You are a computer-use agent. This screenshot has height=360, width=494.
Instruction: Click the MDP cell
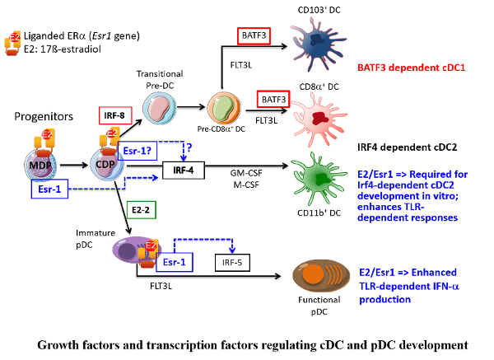pyautogui.click(x=40, y=165)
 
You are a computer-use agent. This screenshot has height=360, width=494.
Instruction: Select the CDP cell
pyautogui.click(x=106, y=164)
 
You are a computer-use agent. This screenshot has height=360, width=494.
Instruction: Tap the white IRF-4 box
pyautogui.click(x=183, y=171)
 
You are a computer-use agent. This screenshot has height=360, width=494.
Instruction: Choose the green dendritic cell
pyautogui.click(x=317, y=176)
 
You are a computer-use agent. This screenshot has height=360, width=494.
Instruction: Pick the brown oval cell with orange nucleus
pyautogui.click(x=320, y=275)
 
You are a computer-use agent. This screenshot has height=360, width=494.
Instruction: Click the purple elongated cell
pyautogui.click(x=133, y=250)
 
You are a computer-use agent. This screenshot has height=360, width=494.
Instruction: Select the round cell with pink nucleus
pyautogui.click(x=159, y=108)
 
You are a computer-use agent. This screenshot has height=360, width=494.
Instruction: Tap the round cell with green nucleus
pyautogui.click(x=223, y=108)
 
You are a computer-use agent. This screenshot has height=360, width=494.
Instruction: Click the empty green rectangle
pyautogui.click(x=141, y=209)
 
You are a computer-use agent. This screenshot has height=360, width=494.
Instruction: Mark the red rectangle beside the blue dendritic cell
pyautogui.click(x=254, y=36)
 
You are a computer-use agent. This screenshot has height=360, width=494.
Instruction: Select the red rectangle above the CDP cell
pyautogui.click(x=115, y=115)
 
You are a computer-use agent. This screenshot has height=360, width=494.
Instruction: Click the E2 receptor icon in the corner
pyautogui.click(x=12, y=43)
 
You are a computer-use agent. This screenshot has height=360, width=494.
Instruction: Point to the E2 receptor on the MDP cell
pyautogui.click(x=44, y=142)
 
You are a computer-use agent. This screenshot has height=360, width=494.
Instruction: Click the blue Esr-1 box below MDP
pyautogui.click(x=49, y=189)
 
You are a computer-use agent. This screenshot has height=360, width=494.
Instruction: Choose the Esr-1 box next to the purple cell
pyautogui.click(x=175, y=262)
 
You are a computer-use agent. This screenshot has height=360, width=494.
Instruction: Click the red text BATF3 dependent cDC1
pyautogui.click(x=411, y=68)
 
